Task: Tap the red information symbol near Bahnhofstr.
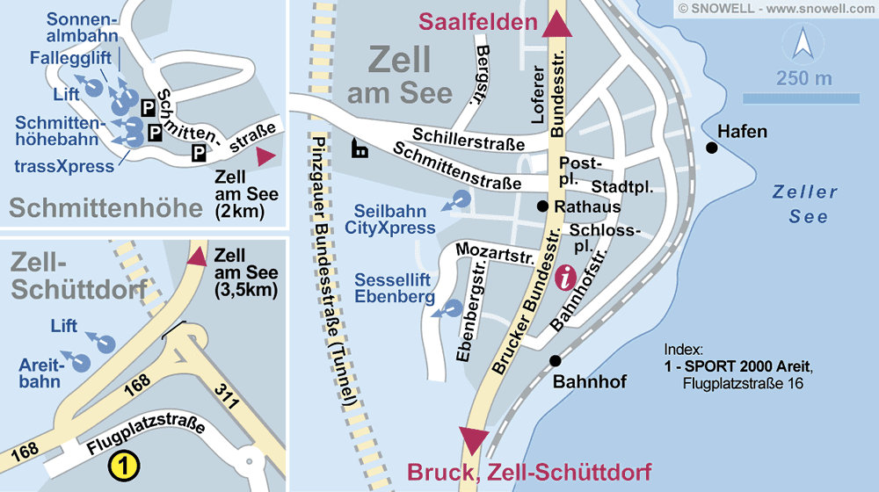pos(567,279)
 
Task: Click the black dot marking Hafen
pos(711,148)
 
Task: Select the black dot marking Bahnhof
pos(555,360)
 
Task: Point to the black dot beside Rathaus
pos(543,206)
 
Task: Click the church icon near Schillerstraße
pos(360,148)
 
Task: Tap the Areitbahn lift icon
pos(82,360)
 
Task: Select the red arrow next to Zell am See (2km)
pos(265,156)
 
